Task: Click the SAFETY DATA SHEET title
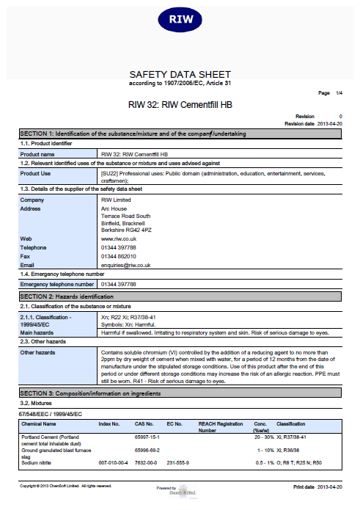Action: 180,74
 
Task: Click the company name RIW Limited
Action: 116,200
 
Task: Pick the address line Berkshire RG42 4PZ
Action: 127,230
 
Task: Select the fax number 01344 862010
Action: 118,257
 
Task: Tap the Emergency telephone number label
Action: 57,283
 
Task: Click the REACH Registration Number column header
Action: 220,427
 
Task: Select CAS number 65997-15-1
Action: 147,437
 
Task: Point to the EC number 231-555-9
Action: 178,463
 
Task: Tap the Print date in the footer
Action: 317,487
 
